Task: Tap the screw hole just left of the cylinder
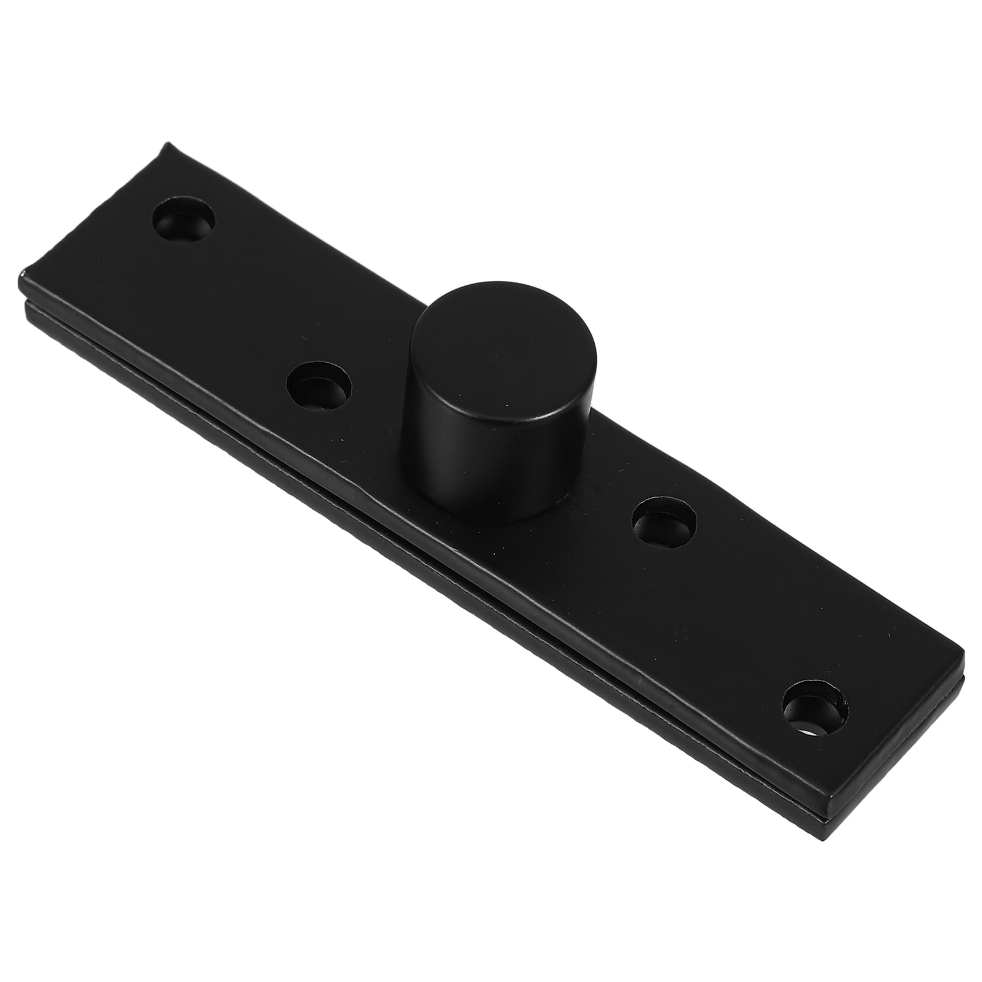pos(319,388)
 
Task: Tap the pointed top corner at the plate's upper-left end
pos(164,145)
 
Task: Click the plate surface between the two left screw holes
pos(252,307)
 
